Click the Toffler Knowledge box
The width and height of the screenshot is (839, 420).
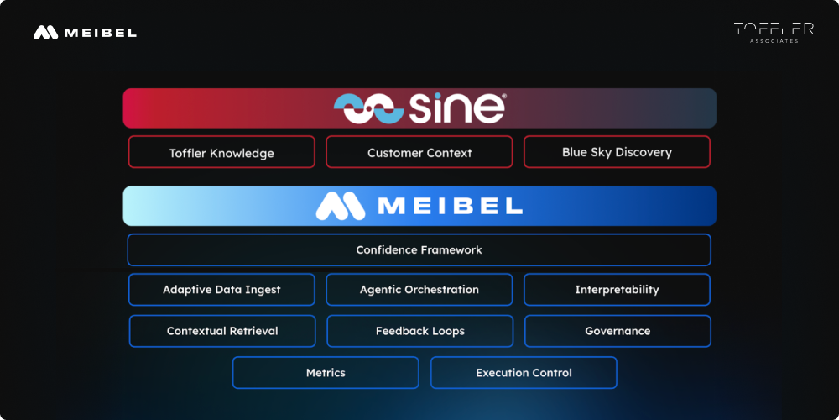point(221,153)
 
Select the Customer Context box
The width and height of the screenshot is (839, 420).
point(419,153)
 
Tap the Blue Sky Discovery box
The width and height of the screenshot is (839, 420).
point(617,152)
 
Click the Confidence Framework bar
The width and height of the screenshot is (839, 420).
point(419,249)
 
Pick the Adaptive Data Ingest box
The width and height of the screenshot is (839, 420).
point(221,290)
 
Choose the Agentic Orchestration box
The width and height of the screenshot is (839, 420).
point(419,290)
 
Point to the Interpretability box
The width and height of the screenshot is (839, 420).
point(617,290)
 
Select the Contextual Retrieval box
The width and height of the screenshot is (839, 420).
point(222,331)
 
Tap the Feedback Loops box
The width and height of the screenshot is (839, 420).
point(419,331)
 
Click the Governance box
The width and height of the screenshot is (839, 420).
point(618,331)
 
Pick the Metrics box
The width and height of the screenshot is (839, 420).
point(326,373)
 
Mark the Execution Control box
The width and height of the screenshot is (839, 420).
point(524,373)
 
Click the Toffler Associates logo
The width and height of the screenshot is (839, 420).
point(774,32)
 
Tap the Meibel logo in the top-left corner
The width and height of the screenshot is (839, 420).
point(85,33)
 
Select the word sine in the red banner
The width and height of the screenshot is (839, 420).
point(457,108)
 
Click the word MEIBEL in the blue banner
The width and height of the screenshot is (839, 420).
point(450,207)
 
